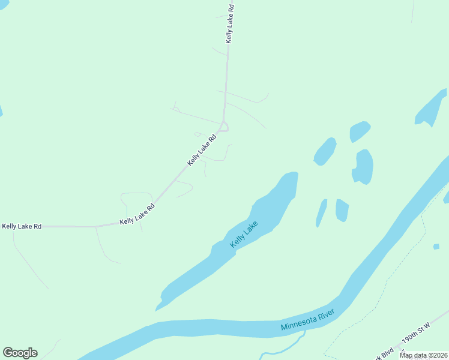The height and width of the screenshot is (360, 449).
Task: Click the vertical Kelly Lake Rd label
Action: (x=229, y=24)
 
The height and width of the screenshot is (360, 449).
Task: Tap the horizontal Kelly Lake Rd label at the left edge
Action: (x=22, y=226)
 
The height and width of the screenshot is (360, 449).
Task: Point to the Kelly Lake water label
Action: (x=244, y=235)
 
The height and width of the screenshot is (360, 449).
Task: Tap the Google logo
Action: (x=20, y=352)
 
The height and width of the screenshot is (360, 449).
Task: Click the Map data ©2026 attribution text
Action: (x=423, y=355)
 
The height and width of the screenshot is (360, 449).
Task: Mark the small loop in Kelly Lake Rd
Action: (x=223, y=126)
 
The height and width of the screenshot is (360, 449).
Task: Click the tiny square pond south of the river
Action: (x=436, y=246)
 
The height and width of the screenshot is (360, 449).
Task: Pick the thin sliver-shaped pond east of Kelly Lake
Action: (x=322, y=213)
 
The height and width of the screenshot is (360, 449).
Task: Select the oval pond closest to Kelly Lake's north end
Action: (x=325, y=151)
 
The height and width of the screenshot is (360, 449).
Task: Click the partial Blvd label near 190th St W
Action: (x=388, y=351)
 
